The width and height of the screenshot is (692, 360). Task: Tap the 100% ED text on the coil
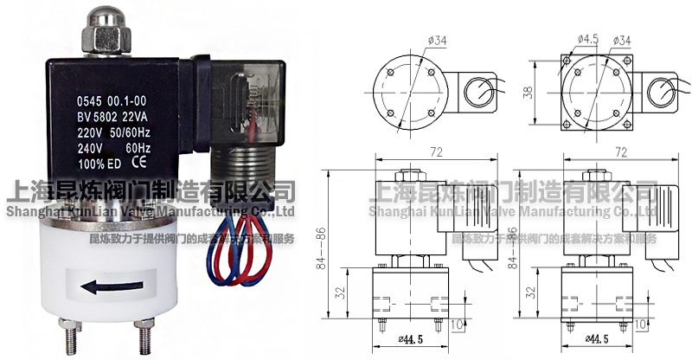click(90, 161)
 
